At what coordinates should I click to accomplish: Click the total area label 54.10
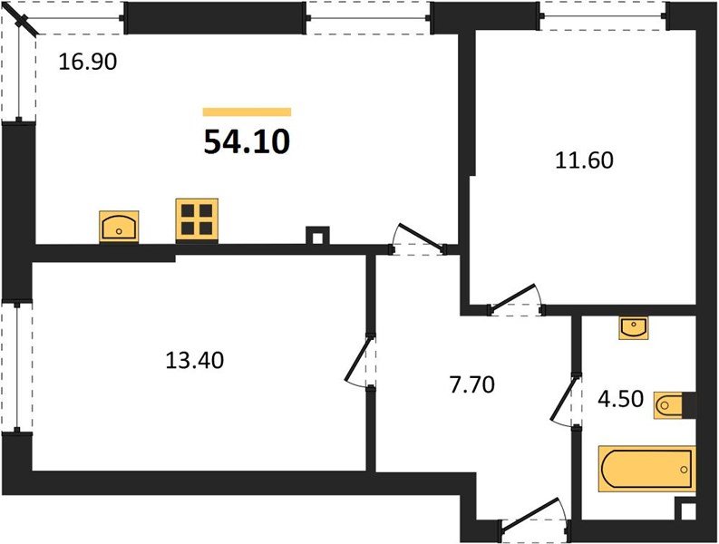[x=246, y=142]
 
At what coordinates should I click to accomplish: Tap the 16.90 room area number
[x=89, y=63]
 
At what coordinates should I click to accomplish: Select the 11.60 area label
[x=584, y=161]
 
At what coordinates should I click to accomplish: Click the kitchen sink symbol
[x=120, y=225]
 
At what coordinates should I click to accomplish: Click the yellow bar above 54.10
[x=247, y=112]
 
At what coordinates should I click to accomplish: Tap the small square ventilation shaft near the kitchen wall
[x=316, y=235]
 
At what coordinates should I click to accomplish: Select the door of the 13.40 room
[x=361, y=364]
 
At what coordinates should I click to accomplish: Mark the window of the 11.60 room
[x=603, y=14]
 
